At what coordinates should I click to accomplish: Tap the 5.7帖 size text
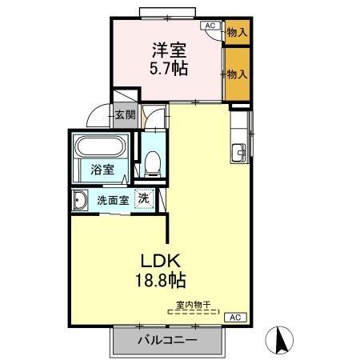point(167,70)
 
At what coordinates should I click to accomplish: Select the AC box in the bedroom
point(210,26)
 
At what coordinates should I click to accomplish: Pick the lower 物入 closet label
point(236,74)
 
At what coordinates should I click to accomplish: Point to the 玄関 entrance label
point(125,114)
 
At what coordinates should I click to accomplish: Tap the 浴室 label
point(102,170)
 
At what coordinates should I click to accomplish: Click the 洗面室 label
point(113,199)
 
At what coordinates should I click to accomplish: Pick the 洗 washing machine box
point(143,198)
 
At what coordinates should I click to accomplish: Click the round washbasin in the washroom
point(81,199)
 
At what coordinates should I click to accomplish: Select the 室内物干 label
point(194,303)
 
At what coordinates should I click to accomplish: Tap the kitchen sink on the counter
point(238,151)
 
